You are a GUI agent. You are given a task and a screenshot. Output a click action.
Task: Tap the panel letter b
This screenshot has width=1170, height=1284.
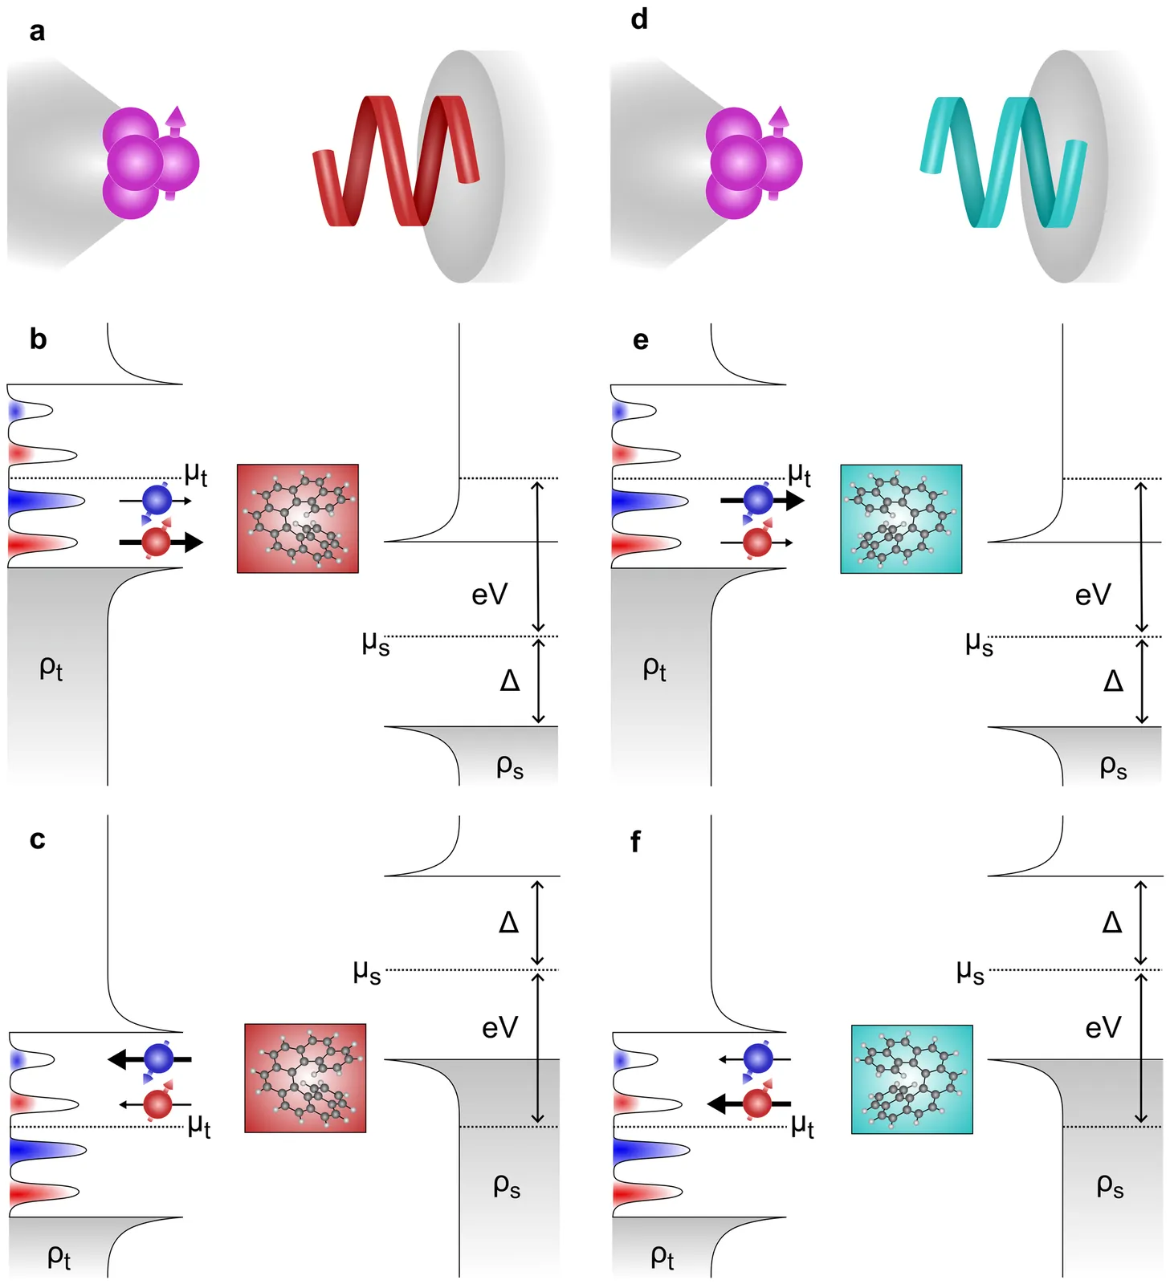tap(38, 339)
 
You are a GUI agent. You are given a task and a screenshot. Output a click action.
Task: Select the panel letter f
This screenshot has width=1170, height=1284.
tap(635, 842)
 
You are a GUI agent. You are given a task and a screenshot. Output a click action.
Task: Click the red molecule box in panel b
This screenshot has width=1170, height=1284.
tap(298, 518)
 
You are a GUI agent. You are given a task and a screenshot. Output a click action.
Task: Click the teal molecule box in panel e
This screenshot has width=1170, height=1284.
tap(901, 518)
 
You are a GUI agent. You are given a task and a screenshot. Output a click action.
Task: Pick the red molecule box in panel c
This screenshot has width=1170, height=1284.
tap(305, 1078)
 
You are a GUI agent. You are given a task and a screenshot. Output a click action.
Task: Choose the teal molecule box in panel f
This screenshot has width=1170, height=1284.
tap(911, 1079)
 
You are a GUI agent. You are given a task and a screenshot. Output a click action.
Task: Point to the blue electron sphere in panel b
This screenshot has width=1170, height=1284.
tap(157, 500)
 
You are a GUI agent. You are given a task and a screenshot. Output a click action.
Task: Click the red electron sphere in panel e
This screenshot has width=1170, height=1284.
tap(757, 542)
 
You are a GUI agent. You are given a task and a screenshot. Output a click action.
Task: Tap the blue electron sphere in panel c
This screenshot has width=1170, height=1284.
tap(159, 1059)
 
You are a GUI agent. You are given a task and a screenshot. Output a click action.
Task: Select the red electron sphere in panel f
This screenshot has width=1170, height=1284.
tap(757, 1104)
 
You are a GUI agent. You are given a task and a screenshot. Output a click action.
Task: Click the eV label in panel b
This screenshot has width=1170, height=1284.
tap(489, 595)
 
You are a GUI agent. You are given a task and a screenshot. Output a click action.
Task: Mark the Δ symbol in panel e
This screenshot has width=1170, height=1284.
tap(1113, 681)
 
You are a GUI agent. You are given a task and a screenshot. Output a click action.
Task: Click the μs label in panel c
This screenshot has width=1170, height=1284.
tap(367, 972)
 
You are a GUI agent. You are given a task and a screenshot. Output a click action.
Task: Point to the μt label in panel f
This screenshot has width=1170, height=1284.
tap(802, 1126)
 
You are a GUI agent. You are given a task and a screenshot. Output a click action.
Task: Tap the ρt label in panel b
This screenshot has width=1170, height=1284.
tap(51, 668)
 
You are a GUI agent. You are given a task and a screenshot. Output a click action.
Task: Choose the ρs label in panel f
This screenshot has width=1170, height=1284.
tap(1110, 1185)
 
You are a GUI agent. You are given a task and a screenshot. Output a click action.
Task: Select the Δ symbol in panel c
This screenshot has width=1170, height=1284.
tap(509, 922)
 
